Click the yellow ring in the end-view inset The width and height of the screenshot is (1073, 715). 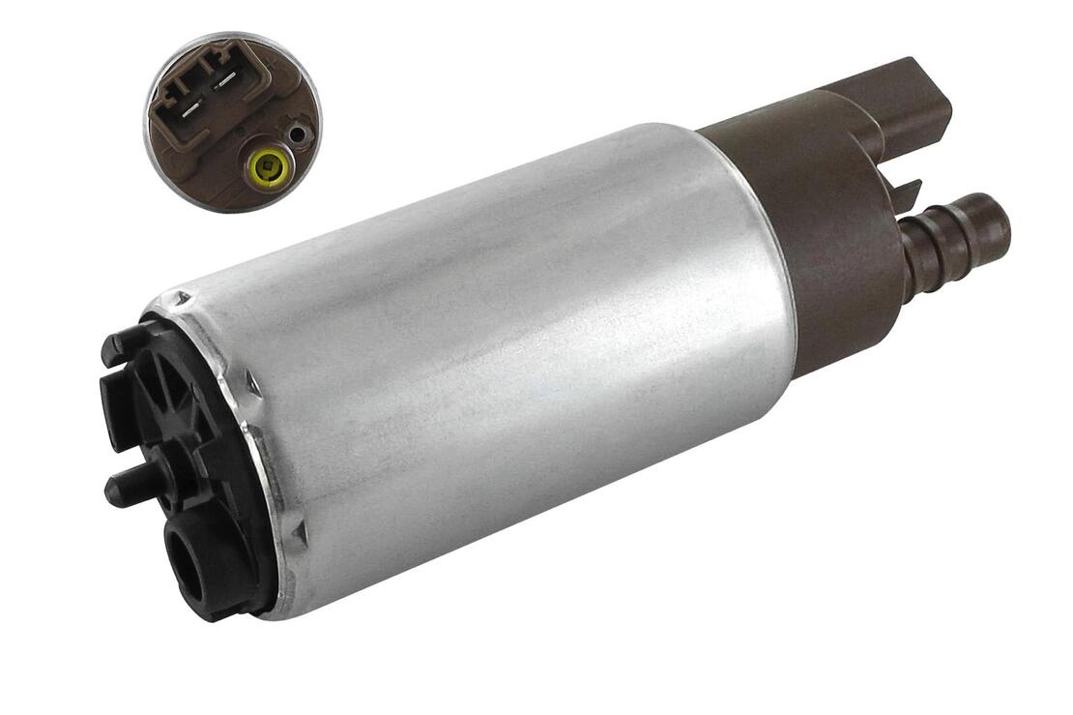[x=266, y=166]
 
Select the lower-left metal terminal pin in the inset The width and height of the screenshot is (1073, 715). [x=191, y=99]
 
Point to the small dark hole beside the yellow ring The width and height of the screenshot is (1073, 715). [x=298, y=134]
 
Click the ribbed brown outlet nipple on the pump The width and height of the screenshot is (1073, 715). [x=952, y=242]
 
